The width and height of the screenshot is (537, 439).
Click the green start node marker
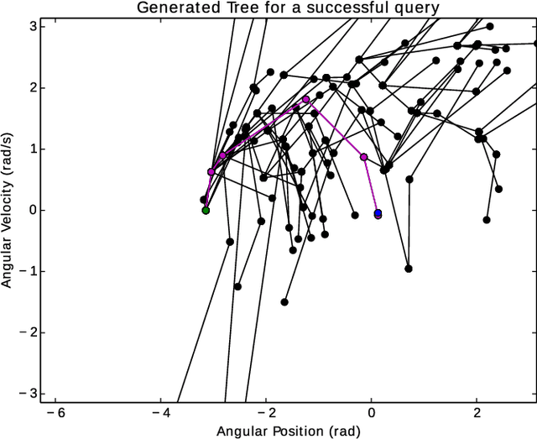[x=206, y=210]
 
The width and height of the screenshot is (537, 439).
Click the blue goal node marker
[x=378, y=213]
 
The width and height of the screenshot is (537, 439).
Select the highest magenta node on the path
[x=305, y=100]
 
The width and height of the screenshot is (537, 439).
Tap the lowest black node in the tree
[x=284, y=302]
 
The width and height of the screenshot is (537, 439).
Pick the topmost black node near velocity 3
[x=490, y=27]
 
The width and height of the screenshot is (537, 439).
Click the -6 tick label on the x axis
[x=54, y=413]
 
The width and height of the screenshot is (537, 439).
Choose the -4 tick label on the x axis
[x=159, y=413]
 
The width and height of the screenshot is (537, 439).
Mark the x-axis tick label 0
[x=372, y=413]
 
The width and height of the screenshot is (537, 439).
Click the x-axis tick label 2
[x=477, y=413]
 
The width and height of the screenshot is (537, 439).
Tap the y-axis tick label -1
[x=26, y=271]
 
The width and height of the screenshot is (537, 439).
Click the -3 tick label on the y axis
[x=26, y=393]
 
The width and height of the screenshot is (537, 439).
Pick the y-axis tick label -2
[x=26, y=332]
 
